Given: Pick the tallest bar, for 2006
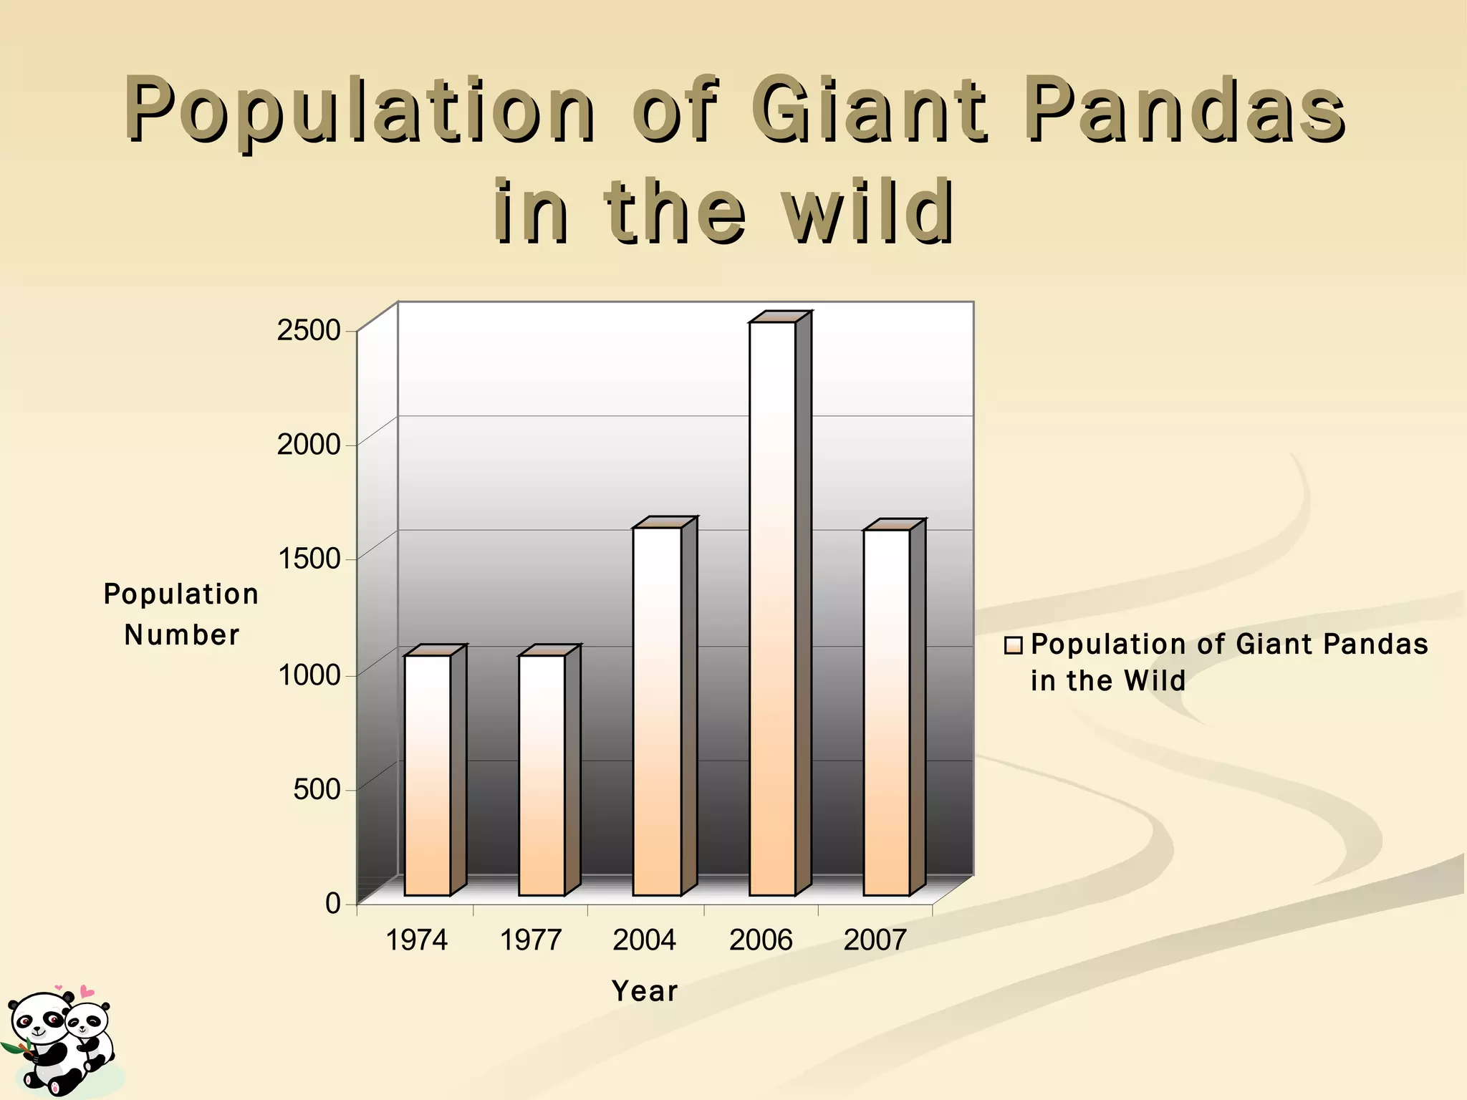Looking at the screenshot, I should tap(772, 609).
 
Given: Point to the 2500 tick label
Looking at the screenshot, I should tap(309, 331).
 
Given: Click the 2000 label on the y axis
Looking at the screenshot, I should tap(309, 445).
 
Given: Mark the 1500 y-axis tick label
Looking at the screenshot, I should tap(309, 559).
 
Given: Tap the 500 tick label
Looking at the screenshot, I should tap(317, 789).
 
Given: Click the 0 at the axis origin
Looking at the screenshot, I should tap(332, 904).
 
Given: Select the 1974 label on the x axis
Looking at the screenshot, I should tap(416, 940).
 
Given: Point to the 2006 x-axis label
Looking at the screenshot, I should tap(761, 940).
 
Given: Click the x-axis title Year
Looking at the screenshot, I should tap(645, 991).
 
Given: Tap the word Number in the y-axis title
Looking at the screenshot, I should tap(182, 635).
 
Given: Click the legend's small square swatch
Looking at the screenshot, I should tap(1013, 646).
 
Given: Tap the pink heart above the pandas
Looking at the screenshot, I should tap(86, 992).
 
